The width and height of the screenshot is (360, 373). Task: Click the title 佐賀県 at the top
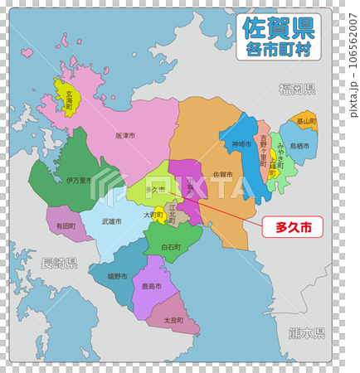278,29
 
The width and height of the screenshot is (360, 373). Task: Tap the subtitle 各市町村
278,51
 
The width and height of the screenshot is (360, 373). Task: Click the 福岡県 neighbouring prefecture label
297,89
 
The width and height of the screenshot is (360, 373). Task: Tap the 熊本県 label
307,333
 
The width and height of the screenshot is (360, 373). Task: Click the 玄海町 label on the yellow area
70,102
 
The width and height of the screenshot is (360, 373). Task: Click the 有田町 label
66,225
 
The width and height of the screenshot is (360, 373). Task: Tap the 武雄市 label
111,222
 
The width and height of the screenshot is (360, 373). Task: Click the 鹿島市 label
151,287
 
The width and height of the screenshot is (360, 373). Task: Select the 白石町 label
173,247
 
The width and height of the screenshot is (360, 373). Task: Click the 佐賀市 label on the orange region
222,175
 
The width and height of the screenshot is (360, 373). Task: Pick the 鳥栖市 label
299,147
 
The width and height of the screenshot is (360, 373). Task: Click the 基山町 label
306,121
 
